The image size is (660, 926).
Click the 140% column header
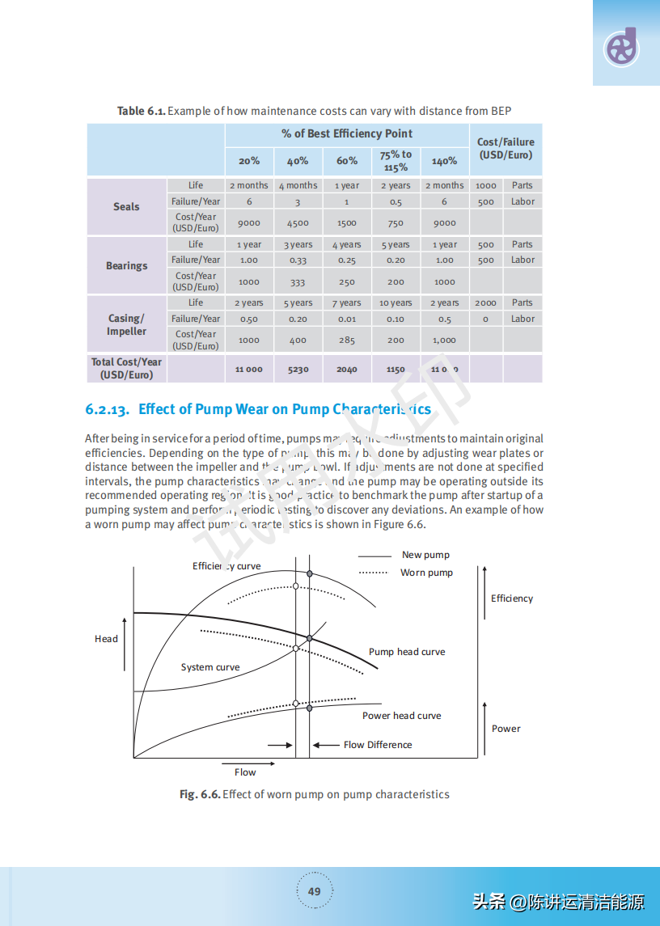(x=444, y=161)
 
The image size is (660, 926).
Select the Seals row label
(x=126, y=206)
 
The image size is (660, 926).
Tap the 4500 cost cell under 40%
(x=298, y=223)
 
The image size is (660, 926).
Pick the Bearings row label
(x=127, y=265)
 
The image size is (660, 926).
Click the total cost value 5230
(x=298, y=370)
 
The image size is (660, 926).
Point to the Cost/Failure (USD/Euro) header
(x=506, y=148)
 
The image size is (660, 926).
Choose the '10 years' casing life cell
(x=396, y=303)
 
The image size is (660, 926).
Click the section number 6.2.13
(x=108, y=409)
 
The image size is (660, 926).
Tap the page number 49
(x=315, y=891)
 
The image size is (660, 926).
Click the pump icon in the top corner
(x=622, y=48)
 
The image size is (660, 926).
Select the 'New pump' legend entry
(x=425, y=555)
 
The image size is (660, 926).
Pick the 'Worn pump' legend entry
(x=426, y=573)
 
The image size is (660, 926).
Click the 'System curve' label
(x=210, y=667)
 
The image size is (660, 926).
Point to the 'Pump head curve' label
(x=407, y=652)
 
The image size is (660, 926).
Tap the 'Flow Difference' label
(x=378, y=745)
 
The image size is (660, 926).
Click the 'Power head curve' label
(x=402, y=716)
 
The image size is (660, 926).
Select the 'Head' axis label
(x=106, y=639)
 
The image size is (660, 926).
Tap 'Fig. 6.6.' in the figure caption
(x=200, y=794)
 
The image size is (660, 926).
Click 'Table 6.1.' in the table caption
(x=142, y=111)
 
